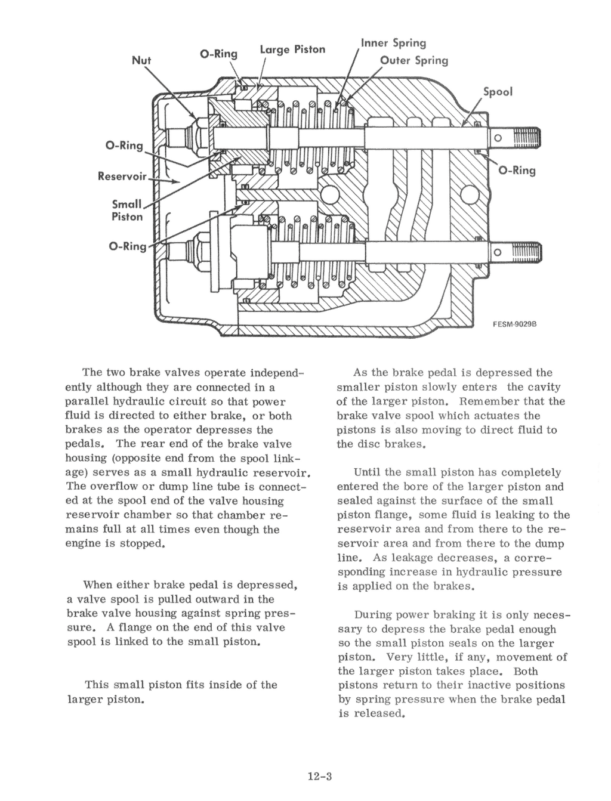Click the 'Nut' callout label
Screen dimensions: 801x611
[x=141, y=60]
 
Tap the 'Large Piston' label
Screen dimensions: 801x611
[x=293, y=49]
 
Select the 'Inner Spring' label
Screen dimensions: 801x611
[x=393, y=43]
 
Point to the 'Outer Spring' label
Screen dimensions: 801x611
[x=414, y=60]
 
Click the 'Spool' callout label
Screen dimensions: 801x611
[x=497, y=92]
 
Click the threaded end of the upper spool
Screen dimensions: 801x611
[x=528, y=138]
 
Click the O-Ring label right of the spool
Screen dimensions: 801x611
[x=517, y=171]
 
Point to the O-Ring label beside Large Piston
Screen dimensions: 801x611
[x=218, y=54]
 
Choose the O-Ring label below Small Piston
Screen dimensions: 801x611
[x=125, y=246]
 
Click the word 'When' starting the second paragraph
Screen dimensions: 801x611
[x=97, y=584]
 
